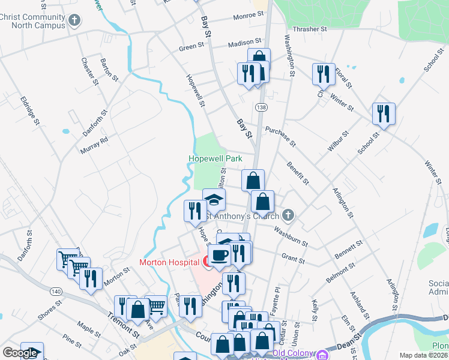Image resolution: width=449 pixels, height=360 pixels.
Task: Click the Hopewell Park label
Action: tap(215, 159)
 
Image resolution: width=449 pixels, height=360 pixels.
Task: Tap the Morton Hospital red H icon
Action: tap(205, 262)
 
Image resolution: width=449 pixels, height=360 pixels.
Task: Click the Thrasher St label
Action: tap(309, 29)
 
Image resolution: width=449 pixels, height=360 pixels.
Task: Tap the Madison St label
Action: tap(245, 43)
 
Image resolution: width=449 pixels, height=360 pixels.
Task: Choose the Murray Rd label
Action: tap(95, 145)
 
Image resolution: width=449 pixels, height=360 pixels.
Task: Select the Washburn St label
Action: tap(291, 236)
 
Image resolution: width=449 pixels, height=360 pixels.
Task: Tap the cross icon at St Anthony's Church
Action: tap(288, 215)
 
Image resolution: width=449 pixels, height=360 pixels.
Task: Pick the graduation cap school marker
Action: tap(214, 200)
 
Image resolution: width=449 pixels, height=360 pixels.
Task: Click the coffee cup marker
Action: tap(220, 254)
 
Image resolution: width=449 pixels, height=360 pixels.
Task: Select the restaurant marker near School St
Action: tap(382, 113)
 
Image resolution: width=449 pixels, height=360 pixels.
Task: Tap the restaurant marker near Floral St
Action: tap(324, 74)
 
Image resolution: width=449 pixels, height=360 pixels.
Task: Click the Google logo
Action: tap(20, 353)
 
